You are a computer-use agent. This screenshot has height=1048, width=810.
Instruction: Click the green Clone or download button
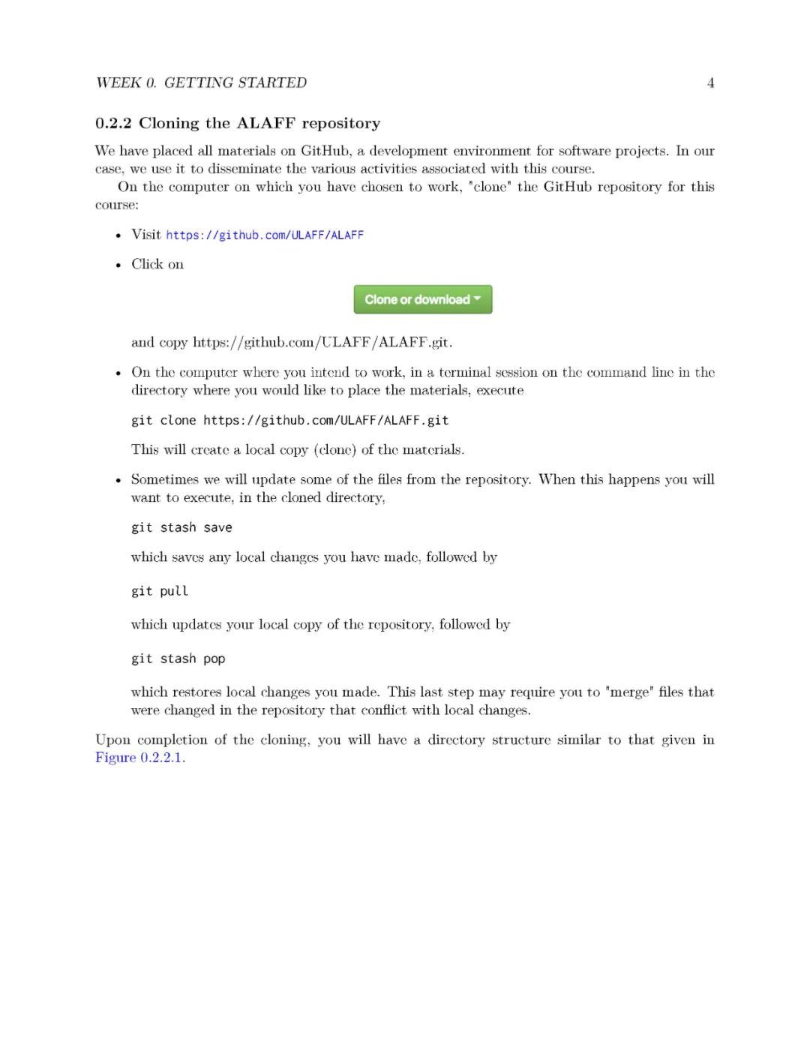coord(423,299)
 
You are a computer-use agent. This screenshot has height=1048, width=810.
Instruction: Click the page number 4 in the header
coord(710,83)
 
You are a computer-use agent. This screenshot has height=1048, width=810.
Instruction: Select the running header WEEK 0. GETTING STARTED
coord(201,83)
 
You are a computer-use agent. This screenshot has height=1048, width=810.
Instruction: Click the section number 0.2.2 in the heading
coord(113,123)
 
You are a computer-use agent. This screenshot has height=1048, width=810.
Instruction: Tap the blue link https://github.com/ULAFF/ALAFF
coord(265,235)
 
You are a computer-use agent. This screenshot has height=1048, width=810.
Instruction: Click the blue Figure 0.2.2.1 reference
coord(139,758)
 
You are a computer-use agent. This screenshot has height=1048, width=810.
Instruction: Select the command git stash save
coord(181,527)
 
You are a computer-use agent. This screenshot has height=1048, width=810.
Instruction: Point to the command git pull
coord(160,591)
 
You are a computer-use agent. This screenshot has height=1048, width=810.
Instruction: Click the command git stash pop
coord(178,659)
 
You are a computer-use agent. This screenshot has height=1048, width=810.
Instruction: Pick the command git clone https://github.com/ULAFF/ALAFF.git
coord(289,420)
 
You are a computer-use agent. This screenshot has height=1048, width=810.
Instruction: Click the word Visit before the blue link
coord(146,235)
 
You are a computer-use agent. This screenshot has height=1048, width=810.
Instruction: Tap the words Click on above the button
coord(157,264)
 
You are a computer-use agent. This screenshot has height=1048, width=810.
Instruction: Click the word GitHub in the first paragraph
coord(325,151)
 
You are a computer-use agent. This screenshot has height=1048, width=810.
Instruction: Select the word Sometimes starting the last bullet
coord(165,479)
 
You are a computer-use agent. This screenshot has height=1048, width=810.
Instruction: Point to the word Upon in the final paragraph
coord(112,740)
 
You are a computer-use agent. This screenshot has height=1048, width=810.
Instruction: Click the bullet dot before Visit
coord(118,236)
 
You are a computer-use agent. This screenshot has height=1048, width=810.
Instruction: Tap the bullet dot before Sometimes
coord(118,480)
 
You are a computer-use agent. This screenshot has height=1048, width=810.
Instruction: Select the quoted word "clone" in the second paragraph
coord(489,187)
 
